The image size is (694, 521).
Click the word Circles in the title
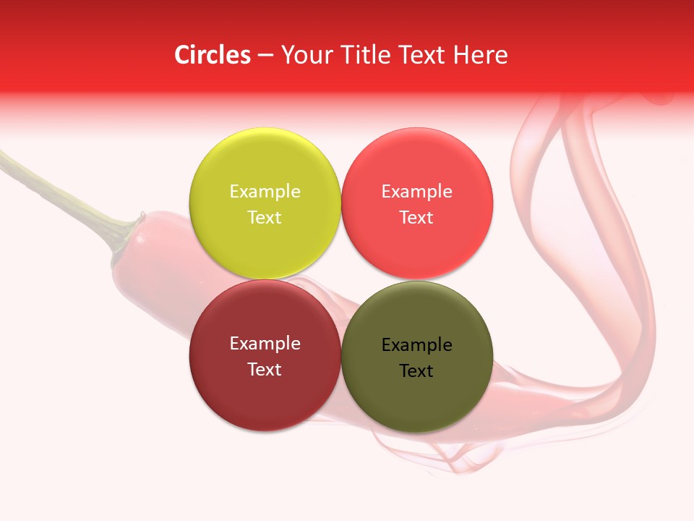pyautogui.click(x=213, y=55)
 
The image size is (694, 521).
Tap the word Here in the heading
pyautogui.click(x=480, y=55)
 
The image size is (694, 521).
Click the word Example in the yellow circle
pyautogui.click(x=265, y=192)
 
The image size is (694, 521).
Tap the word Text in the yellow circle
pyautogui.click(x=265, y=218)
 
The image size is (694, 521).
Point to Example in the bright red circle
pyautogui.click(x=416, y=192)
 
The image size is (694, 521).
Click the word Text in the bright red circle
pyautogui.click(x=416, y=218)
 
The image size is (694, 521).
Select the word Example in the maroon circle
pyautogui.click(x=265, y=344)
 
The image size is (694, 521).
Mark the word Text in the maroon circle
pyautogui.click(x=265, y=370)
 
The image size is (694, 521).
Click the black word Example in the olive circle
pyautogui.click(x=416, y=345)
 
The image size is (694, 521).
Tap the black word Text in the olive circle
pyautogui.click(x=416, y=371)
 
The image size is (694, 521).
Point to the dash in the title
pyautogui.click(x=265, y=56)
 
